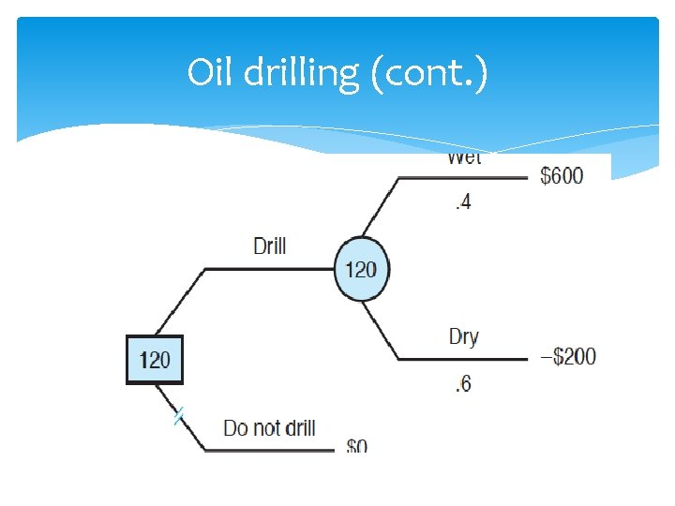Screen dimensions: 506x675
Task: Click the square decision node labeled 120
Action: (x=155, y=359)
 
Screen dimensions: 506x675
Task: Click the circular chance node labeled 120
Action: (x=361, y=270)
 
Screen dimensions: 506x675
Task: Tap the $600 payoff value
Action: (x=562, y=176)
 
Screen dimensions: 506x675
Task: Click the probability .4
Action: (x=462, y=201)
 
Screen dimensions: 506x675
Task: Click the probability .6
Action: (x=462, y=383)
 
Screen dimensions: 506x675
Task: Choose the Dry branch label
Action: (x=463, y=336)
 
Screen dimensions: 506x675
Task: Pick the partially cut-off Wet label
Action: (x=463, y=158)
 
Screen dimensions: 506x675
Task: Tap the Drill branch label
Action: (x=270, y=246)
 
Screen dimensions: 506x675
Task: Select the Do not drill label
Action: (x=269, y=428)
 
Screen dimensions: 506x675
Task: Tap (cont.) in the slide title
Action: (x=429, y=73)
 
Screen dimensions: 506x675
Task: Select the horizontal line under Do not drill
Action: (x=270, y=451)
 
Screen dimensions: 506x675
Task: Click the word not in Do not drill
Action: (x=266, y=428)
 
